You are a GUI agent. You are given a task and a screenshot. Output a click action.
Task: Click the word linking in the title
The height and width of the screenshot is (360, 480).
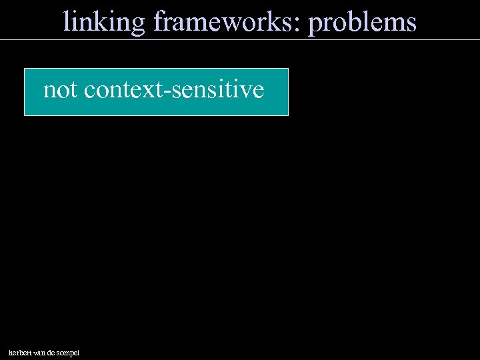pyautogui.click(x=103, y=22)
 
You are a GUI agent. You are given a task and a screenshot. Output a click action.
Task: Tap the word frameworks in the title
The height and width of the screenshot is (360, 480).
pyautogui.click(x=226, y=22)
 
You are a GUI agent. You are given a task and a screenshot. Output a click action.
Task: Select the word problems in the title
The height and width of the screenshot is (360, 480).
pyautogui.click(x=363, y=23)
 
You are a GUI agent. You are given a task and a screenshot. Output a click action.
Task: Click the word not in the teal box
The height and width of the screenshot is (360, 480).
pyautogui.click(x=60, y=90)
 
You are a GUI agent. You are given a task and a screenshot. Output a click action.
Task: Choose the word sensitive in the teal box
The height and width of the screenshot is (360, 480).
pyautogui.click(x=217, y=90)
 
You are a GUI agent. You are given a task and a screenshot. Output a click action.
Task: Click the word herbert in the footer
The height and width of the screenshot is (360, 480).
pyautogui.click(x=21, y=352)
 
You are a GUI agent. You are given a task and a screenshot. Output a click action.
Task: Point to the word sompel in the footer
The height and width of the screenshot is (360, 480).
pyautogui.click(x=71, y=353)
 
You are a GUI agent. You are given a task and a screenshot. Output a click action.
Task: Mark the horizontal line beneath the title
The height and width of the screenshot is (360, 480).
pyautogui.click(x=240, y=39)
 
